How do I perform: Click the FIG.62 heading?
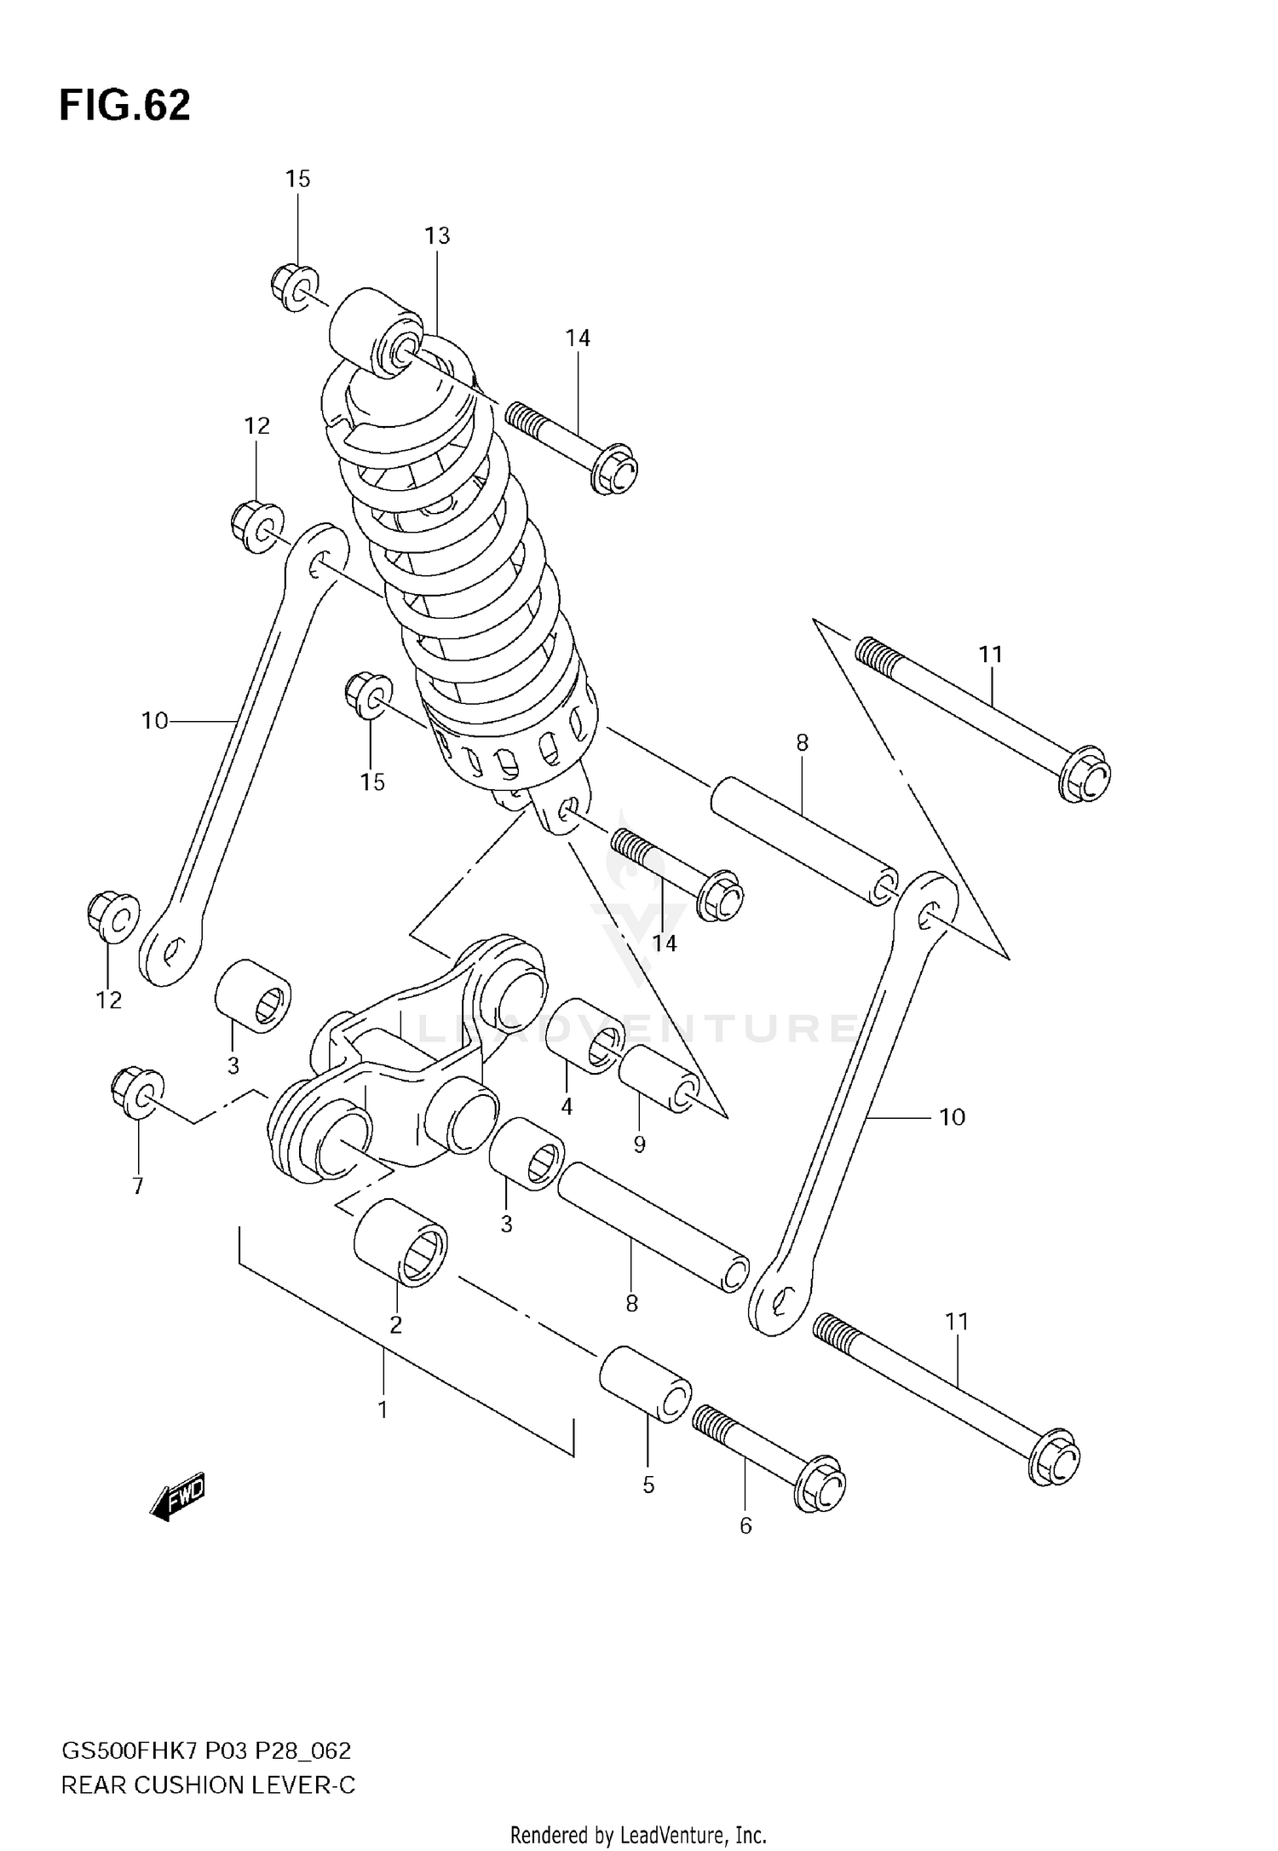tap(124, 106)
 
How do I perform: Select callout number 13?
tap(437, 236)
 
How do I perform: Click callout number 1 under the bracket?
tap(383, 1410)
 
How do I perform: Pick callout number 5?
tap(648, 1485)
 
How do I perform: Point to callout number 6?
tap(745, 1525)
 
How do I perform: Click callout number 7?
tap(138, 1185)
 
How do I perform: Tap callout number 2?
tap(395, 1324)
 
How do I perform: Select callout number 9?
tap(640, 1145)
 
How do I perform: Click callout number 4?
tap(567, 1107)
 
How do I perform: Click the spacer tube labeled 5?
tap(645, 1384)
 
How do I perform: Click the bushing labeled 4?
tap(586, 1036)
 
